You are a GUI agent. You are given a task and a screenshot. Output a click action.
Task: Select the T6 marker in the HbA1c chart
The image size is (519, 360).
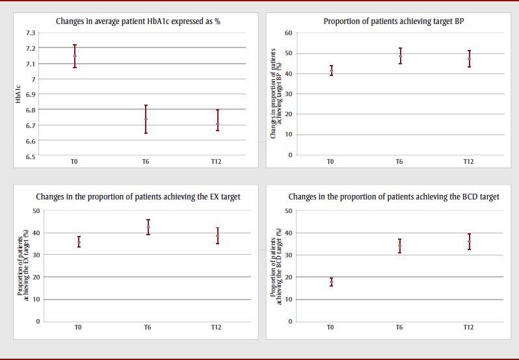point(146,120)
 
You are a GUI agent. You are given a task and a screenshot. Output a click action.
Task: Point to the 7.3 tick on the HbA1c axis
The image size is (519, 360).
point(30,32)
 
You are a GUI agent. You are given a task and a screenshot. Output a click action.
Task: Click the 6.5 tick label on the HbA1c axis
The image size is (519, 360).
point(30,157)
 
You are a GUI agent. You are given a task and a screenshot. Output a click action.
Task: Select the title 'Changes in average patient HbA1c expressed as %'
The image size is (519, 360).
point(138,21)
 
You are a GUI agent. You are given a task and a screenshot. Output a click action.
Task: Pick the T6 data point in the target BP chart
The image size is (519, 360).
point(400,56)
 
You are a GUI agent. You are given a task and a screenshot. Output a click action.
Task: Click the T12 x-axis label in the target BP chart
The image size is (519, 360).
point(468,161)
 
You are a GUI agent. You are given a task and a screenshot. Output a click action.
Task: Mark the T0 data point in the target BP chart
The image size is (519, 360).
point(331,71)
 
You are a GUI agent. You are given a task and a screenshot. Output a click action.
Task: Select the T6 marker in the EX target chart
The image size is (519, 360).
point(148,227)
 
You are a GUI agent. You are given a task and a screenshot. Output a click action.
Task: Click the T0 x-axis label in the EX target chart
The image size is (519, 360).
point(78,327)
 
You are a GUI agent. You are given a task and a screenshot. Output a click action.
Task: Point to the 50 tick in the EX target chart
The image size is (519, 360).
point(36,211)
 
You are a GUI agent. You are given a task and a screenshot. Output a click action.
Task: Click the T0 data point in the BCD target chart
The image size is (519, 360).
point(331,282)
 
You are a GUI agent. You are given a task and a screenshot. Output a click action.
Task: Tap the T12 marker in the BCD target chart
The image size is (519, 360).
point(468,242)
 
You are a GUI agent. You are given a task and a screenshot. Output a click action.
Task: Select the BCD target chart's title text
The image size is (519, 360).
point(393,196)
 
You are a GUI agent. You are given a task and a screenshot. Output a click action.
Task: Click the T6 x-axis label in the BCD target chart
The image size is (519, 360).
point(399,327)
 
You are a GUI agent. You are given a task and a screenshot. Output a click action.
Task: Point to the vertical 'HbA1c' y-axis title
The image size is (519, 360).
point(18,95)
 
